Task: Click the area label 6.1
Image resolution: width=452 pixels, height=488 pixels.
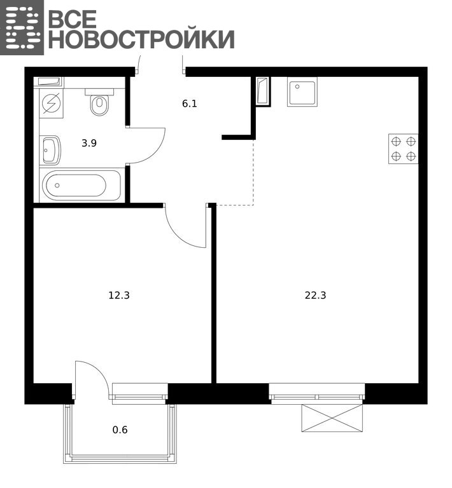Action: (x=190, y=104)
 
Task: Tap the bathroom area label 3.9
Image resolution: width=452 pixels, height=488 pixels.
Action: (x=89, y=143)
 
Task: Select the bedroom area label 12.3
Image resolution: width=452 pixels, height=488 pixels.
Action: (x=119, y=295)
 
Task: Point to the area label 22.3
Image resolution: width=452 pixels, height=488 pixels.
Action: (x=316, y=295)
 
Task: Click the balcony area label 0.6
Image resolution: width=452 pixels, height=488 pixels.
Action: (x=120, y=430)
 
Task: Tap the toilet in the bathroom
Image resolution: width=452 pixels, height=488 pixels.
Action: (x=99, y=102)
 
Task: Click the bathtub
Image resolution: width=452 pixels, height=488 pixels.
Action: (x=81, y=185)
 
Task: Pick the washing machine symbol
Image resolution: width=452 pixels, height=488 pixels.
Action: (x=52, y=104)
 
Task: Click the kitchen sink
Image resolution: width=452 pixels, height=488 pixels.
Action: (x=302, y=92)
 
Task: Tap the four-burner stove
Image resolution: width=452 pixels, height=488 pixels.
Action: (x=403, y=149)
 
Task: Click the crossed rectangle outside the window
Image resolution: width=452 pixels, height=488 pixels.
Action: (x=332, y=418)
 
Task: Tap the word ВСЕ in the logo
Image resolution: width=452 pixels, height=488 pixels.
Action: (x=73, y=18)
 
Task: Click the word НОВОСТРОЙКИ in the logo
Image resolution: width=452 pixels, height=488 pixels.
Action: (x=141, y=39)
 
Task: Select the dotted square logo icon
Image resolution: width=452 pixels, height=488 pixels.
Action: (x=22, y=27)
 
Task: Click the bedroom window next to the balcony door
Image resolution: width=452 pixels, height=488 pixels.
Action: (x=140, y=394)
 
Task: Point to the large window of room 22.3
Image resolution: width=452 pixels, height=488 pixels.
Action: (x=317, y=394)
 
